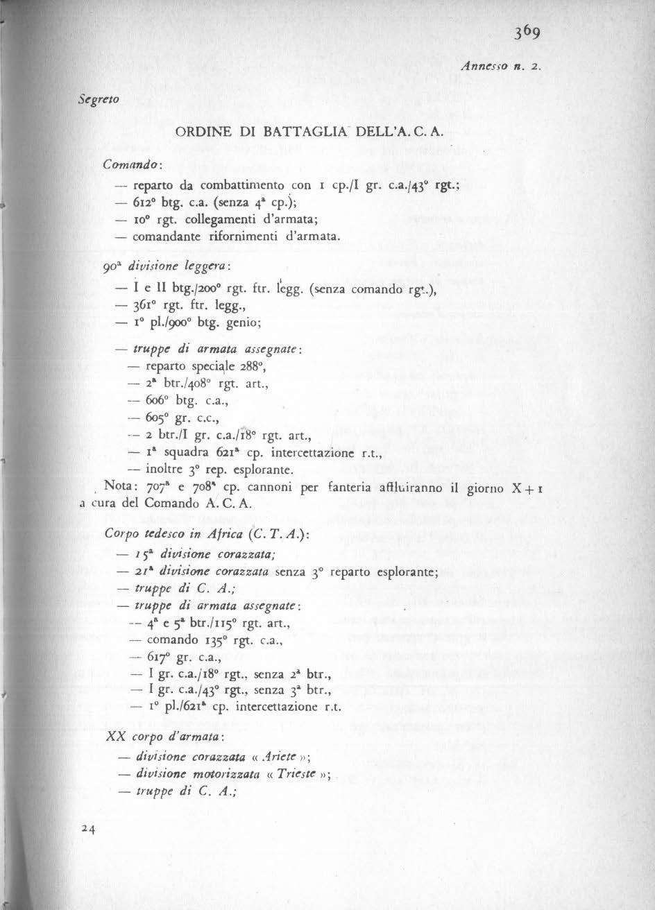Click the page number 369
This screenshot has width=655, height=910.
(x=529, y=33)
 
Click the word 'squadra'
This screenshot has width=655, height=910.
(x=181, y=454)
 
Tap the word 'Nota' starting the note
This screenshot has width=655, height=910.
(x=116, y=486)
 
